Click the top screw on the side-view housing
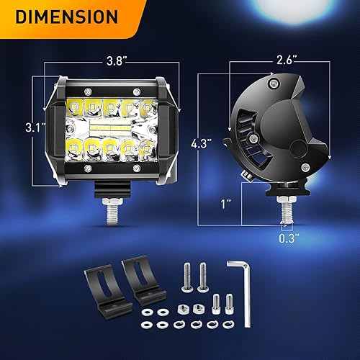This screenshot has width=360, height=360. pos(273,85)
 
